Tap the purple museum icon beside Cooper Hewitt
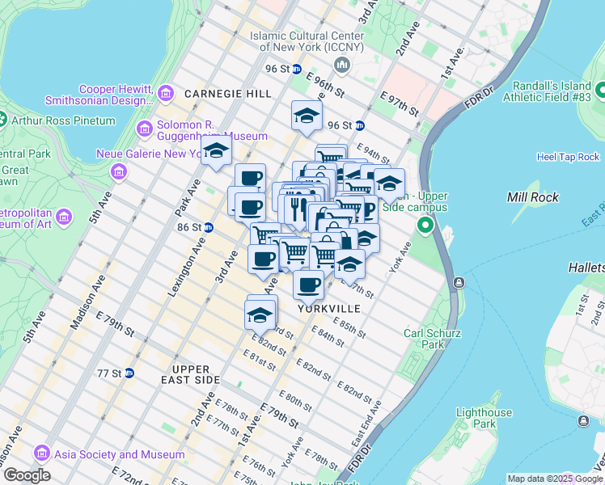click(x=166, y=94)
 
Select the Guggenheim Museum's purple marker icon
click(x=146, y=128)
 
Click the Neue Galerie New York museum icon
click(x=119, y=171)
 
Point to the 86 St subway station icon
click(x=208, y=228)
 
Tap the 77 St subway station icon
click(x=129, y=373)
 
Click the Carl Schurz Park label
click(x=432, y=339)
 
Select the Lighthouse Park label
click(x=483, y=418)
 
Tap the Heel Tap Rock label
click(x=568, y=157)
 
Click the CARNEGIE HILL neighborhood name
click(x=228, y=94)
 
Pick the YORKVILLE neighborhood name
click(x=328, y=309)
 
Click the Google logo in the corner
click(x=26, y=475)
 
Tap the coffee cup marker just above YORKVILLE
click(x=308, y=284)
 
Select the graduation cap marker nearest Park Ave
click(x=216, y=151)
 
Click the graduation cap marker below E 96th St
click(x=307, y=116)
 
